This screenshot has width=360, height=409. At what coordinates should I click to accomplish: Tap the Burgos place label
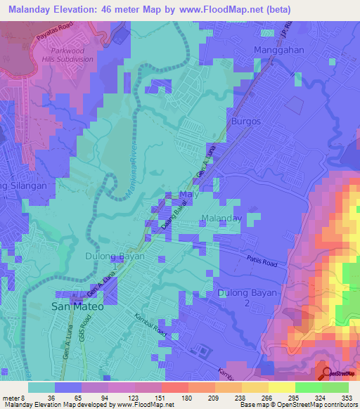(x=245, y=121)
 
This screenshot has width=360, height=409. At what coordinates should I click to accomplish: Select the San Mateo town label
(x=77, y=307)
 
